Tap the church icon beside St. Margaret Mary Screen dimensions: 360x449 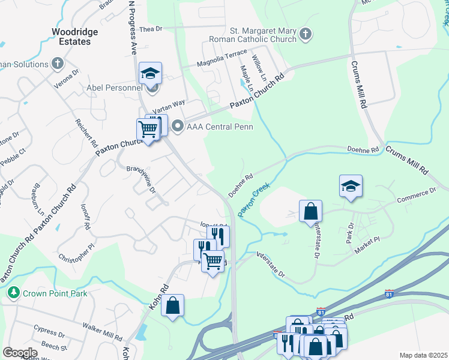[306, 34]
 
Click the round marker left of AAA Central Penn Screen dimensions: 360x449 [177, 127]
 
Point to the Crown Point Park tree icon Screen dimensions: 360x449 [13, 293]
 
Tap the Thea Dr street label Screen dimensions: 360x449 [151, 29]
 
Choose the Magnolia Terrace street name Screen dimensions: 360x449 [223, 58]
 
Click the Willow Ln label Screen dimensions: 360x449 [259, 69]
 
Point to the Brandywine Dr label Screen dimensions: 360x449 [142, 179]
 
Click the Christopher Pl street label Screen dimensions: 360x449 [76, 250]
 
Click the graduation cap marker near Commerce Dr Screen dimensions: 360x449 [351, 186]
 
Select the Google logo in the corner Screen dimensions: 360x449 [20, 352]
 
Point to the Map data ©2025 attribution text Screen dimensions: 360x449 [423, 355]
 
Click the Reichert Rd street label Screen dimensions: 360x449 [86, 133]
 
